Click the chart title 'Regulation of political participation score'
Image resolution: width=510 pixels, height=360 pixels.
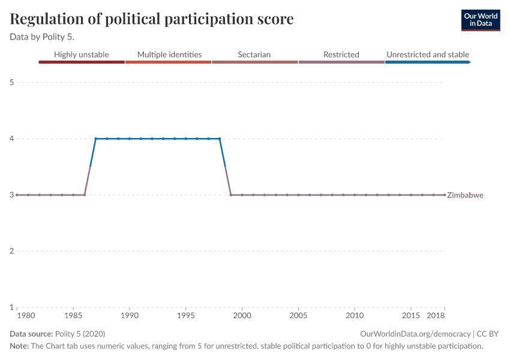coord(152,19)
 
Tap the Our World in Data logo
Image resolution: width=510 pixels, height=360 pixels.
coord(480,20)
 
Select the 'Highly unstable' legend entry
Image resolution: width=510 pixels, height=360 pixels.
coord(82,55)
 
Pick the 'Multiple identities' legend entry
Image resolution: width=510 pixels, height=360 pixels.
coord(169,55)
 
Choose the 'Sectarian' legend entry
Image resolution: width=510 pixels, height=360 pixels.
coord(254,55)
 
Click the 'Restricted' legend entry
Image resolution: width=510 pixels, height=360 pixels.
coord(341,55)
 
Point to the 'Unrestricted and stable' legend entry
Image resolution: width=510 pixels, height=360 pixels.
coord(427,55)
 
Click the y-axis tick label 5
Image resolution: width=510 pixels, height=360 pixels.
coord(11,82)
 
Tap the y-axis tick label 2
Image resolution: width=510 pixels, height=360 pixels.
coord(11,251)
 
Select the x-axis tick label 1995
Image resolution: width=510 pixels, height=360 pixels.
coord(186,316)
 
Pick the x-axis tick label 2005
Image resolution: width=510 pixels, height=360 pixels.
coord(298,316)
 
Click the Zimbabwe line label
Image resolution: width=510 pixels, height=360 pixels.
coord(466,195)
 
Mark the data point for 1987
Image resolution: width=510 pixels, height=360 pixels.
coord(95,139)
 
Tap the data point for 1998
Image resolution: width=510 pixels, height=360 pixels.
coord(220,139)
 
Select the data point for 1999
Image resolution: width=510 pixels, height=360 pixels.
coord(231,195)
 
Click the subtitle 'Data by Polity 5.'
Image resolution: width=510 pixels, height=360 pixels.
coord(42,37)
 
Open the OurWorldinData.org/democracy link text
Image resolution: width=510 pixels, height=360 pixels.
coord(415,334)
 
